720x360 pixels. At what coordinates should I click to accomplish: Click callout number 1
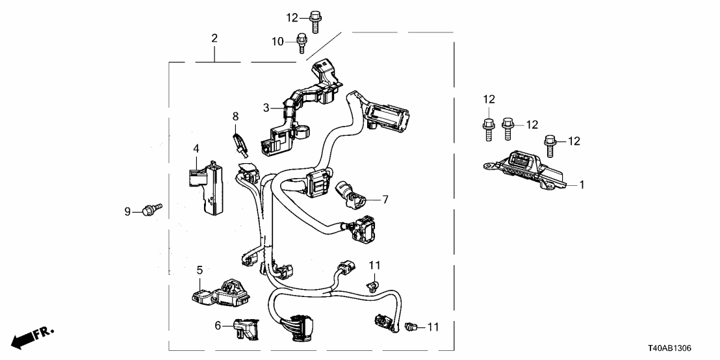click(582, 185)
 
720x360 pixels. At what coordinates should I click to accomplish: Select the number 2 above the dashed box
click(214, 38)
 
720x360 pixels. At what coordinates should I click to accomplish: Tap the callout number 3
click(266, 107)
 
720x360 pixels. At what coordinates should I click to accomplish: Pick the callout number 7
click(385, 199)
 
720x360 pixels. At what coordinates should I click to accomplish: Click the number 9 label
click(129, 211)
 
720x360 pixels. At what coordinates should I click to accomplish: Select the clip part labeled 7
click(351, 192)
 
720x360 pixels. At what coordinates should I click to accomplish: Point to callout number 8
click(236, 117)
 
